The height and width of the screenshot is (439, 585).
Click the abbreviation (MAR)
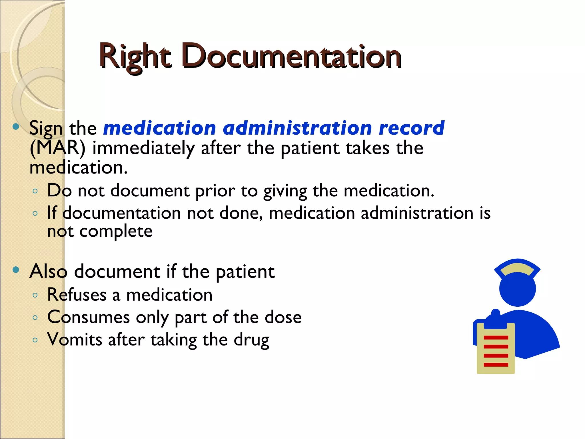click(57, 148)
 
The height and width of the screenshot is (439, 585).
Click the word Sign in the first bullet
click(46, 128)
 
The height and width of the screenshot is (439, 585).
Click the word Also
click(48, 271)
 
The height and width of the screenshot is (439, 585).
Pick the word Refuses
click(77, 295)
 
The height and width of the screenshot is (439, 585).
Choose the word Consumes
click(88, 317)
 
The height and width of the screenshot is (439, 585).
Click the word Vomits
click(75, 340)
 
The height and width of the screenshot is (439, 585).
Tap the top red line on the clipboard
click(496, 338)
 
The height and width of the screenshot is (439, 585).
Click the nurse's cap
click(517, 268)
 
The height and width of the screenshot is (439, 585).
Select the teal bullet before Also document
click(16, 270)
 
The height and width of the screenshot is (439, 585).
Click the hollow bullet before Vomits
click(35, 340)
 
